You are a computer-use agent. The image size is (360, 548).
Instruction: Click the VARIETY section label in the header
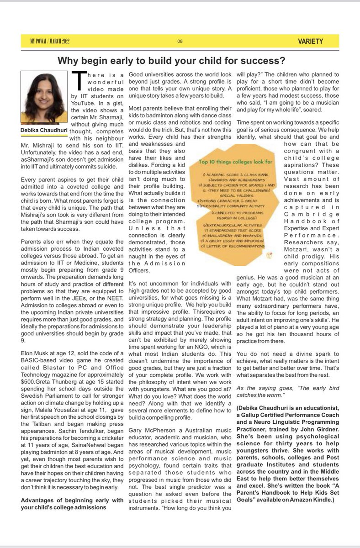click(309, 41)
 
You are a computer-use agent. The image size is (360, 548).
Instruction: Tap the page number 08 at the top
click(180, 42)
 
